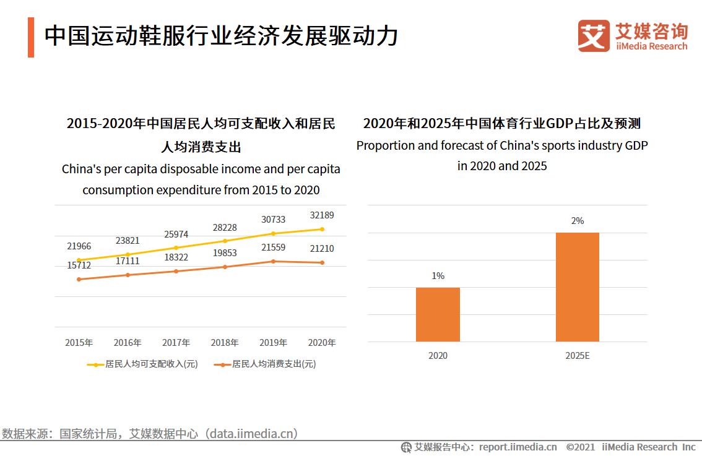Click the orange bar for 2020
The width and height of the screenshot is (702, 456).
(438, 314)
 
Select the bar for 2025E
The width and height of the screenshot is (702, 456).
(577, 287)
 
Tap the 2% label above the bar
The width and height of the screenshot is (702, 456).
(577, 221)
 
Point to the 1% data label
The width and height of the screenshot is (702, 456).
(438, 276)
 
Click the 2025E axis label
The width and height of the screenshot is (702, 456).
(577, 356)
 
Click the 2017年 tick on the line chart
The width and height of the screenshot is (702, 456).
(176, 343)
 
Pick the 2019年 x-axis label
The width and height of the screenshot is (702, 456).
(273, 343)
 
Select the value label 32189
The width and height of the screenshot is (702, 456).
(322, 215)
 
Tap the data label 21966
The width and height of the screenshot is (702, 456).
(79, 246)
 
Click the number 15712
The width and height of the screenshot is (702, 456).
(79, 265)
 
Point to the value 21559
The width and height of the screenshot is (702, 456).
(273, 247)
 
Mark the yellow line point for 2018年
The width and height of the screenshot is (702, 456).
(225, 241)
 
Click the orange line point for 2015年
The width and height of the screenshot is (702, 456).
(79, 280)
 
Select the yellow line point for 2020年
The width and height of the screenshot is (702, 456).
(322, 229)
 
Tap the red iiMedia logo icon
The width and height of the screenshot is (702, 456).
(594, 36)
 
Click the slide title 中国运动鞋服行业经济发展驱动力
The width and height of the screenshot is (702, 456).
(221, 36)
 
